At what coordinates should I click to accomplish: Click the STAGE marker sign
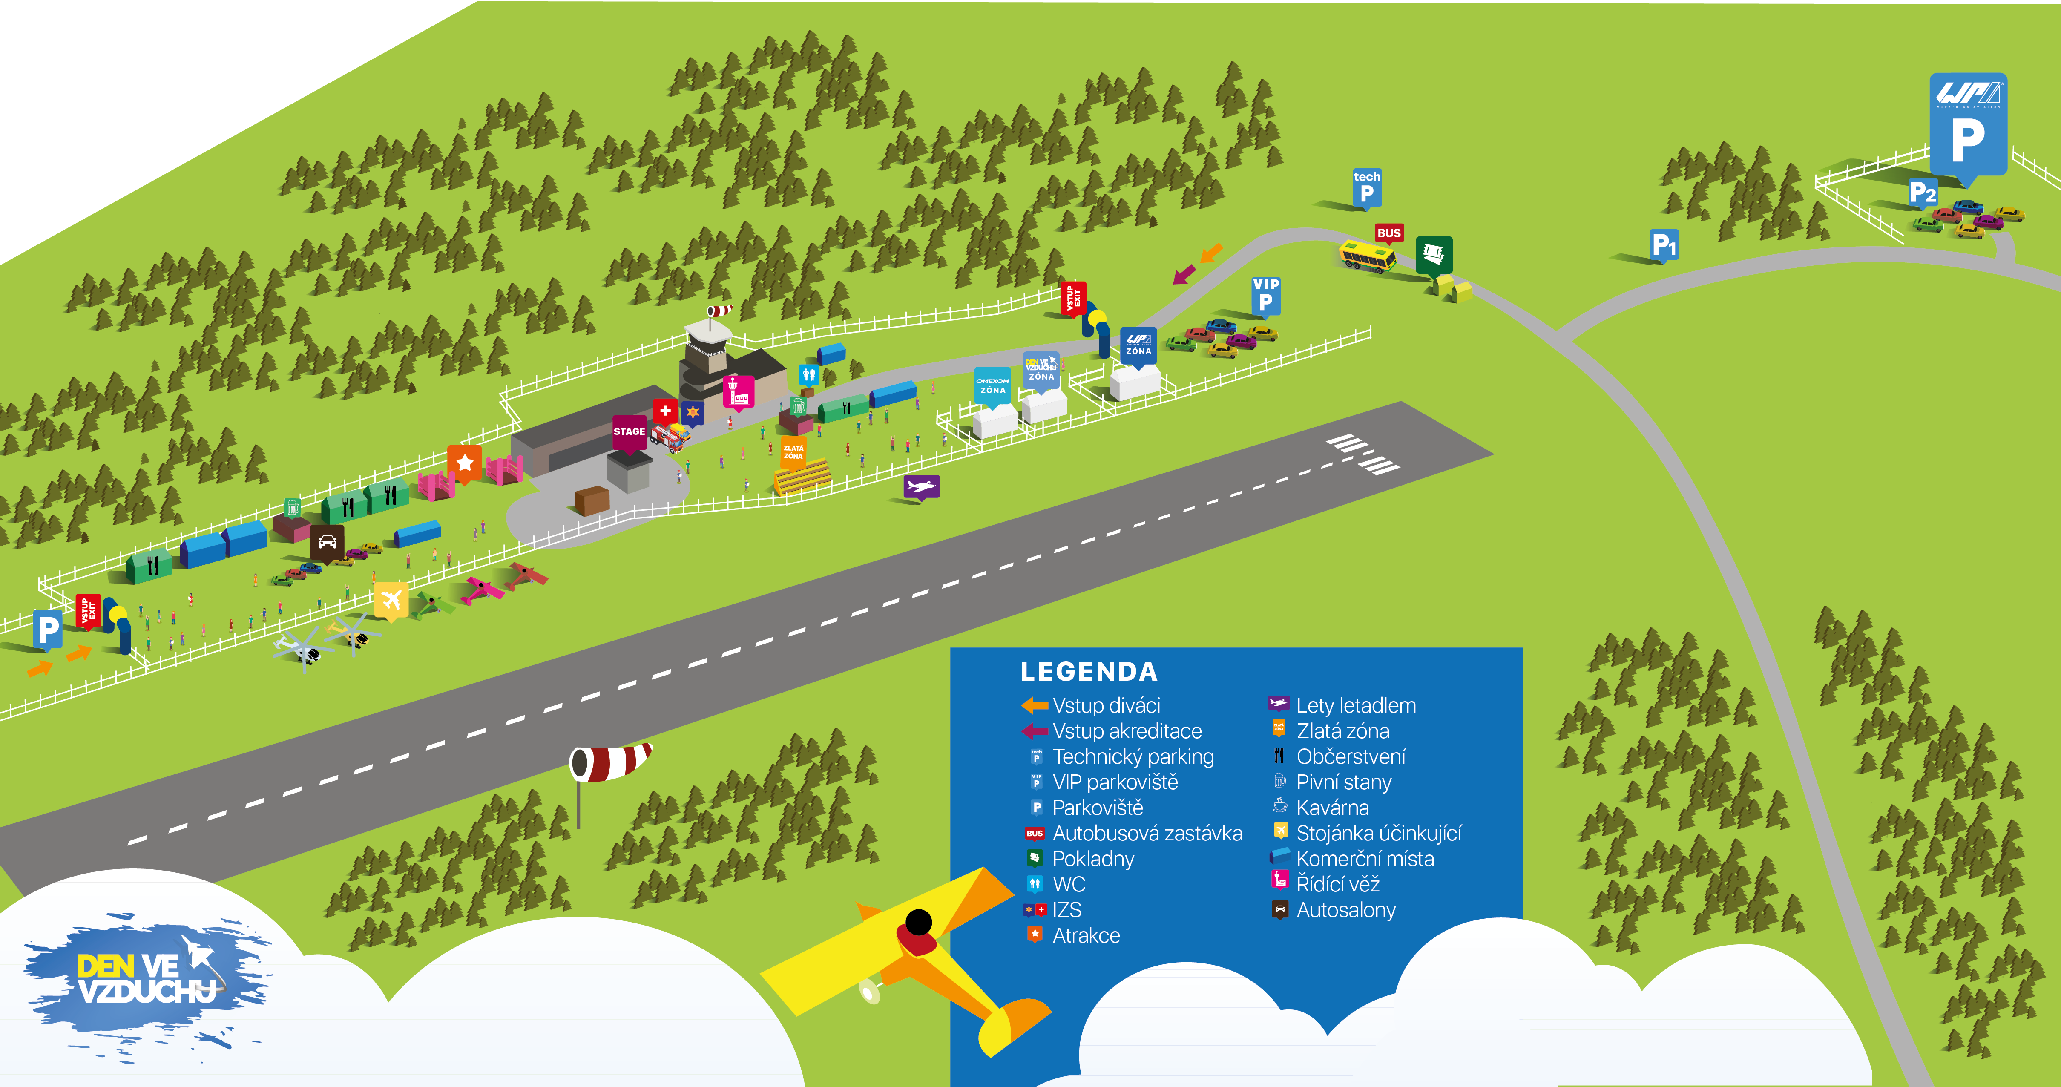(629, 432)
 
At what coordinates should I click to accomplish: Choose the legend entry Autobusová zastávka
(1147, 834)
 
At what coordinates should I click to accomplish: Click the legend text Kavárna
(1332, 808)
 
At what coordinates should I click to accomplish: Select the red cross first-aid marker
(665, 411)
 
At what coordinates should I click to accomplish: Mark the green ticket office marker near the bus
(1434, 254)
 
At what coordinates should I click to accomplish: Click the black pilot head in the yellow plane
(919, 922)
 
